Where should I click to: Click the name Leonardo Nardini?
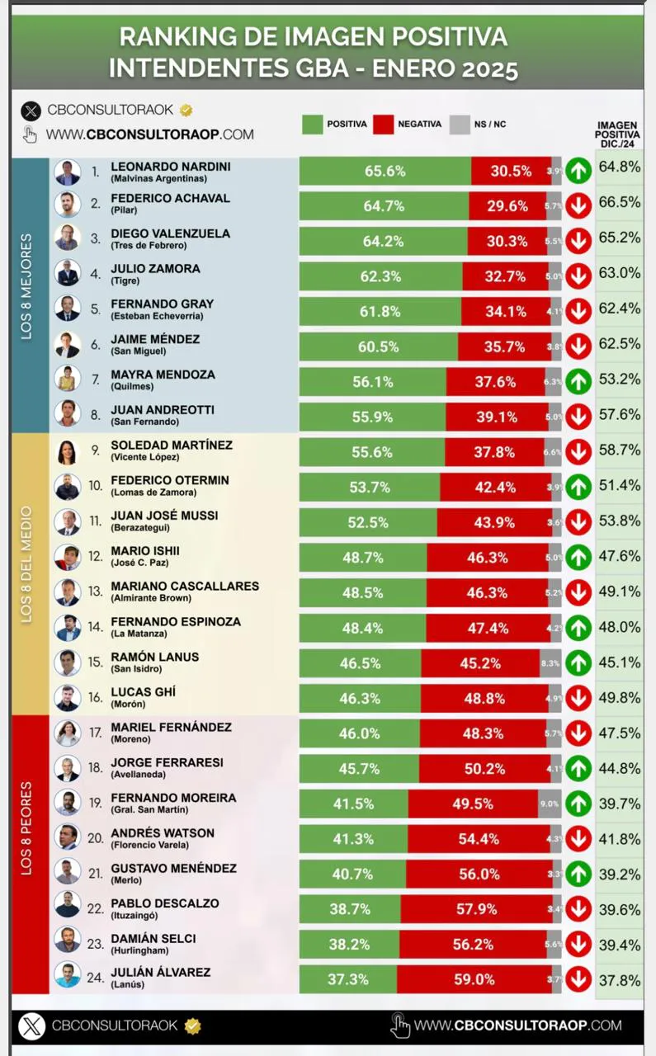coord(170,167)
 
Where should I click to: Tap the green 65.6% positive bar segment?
coord(385,172)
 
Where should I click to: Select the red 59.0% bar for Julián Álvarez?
coord(474,979)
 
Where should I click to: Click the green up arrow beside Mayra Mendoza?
coord(578,381)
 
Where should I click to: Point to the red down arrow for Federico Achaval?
coord(578,205)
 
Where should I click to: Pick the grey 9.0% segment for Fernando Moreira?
coord(550,804)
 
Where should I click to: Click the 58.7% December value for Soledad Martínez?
coord(620,450)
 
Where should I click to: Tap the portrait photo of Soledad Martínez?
coord(67,453)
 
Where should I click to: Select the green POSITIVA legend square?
coord(312,124)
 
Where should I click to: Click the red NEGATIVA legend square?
coord(382,124)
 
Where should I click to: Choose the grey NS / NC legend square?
coord(459,124)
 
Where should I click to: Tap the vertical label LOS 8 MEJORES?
coord(26,286)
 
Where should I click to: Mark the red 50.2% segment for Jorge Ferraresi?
coord(482,768)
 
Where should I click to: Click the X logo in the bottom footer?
coord(32,1025)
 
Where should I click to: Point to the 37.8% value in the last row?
coord(620,980)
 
